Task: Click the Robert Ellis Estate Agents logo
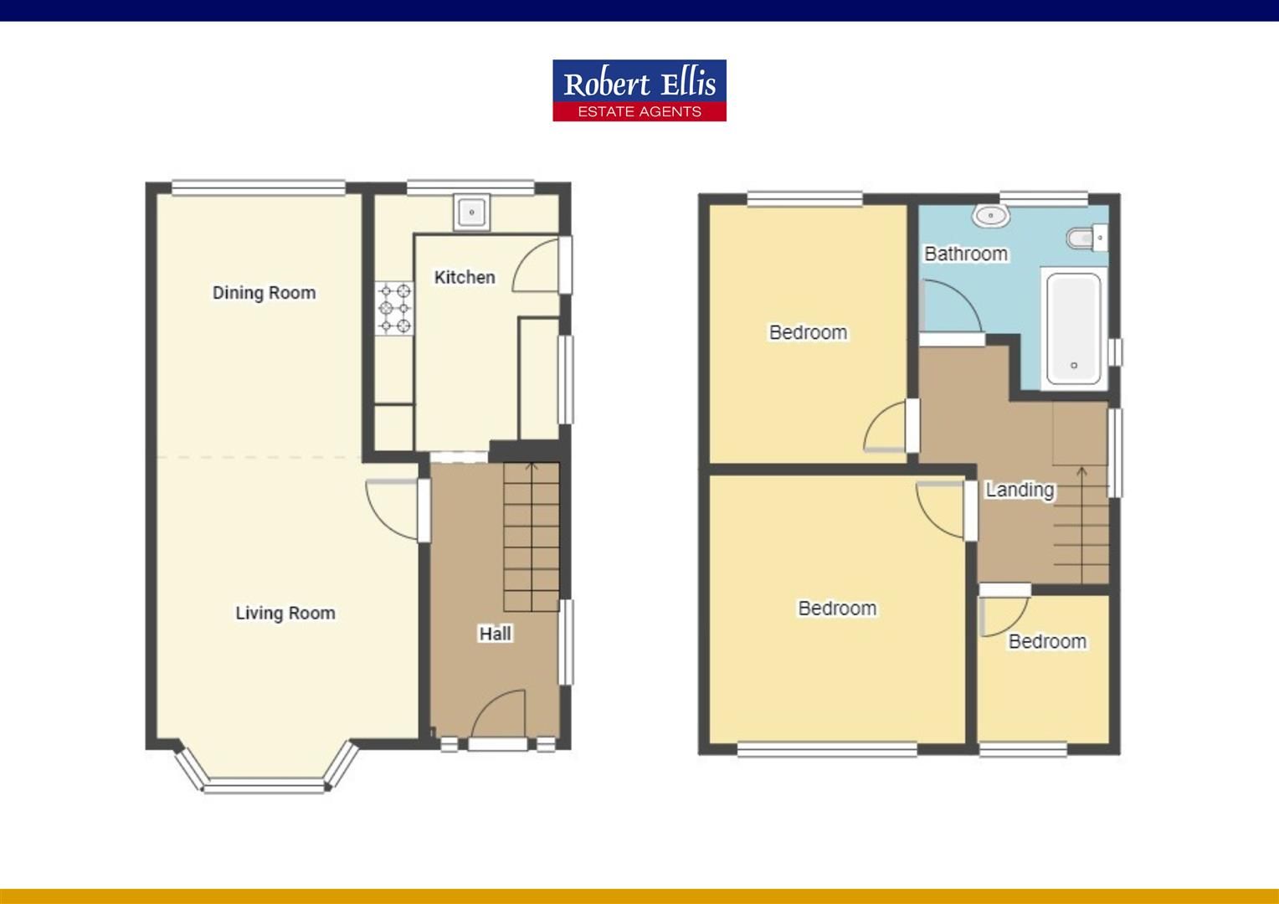point(639,90)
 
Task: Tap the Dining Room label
point(264,293)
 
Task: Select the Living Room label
point(285,613)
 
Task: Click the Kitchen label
point(465,277)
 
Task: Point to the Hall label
point(495,634)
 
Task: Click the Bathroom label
point(965,254)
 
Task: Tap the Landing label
point(1019,490)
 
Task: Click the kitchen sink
point(472,213)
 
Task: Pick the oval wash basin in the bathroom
point(991,216)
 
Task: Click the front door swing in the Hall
point(500,716)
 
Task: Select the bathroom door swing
point(950,308)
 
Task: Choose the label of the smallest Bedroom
point(1047,641)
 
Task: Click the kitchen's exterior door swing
point(537,265)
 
